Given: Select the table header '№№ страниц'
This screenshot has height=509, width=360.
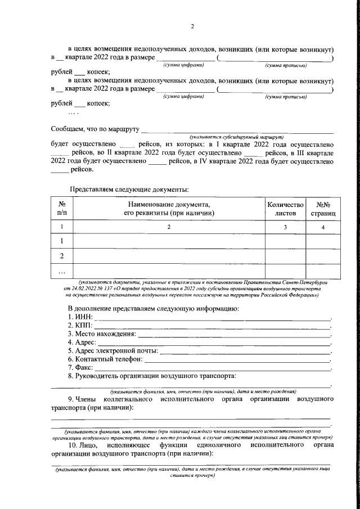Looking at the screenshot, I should (323, 209).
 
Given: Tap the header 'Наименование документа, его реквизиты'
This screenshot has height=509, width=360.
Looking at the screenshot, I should (169, 209).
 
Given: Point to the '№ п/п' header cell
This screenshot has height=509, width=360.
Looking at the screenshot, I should (62, 209).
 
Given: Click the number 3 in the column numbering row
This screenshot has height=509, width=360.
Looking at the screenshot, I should (285, 227).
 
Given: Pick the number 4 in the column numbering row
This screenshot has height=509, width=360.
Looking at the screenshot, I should (323, 227).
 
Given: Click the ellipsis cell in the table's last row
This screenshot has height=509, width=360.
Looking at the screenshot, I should (62, 272).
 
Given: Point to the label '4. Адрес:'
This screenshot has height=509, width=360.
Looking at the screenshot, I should (82, 342).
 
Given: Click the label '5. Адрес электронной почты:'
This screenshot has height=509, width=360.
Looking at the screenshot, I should (112, 350).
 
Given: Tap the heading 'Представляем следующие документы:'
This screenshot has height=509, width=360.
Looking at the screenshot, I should (129, 189).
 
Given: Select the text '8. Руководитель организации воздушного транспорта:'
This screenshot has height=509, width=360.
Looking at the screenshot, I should (152, 375).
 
